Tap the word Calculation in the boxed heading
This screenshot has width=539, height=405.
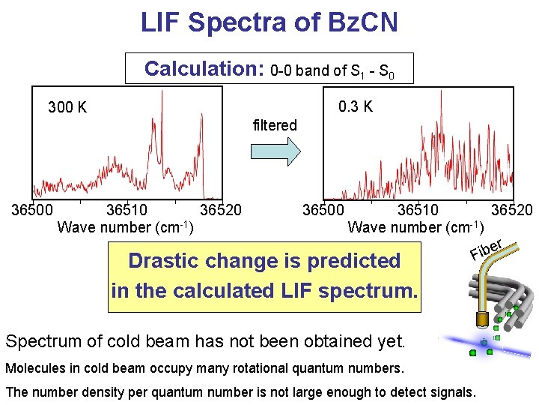tap(201, 70)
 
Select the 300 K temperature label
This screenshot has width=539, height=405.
tap(67, 108)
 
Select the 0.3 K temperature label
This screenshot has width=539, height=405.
tap(356, 106)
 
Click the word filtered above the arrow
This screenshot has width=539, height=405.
tap(275, 125)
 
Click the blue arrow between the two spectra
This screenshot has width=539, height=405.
tap(275, 151)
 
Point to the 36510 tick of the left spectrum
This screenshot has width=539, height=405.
tap(127, 210)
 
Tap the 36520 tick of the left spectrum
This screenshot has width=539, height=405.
tap(221, 210)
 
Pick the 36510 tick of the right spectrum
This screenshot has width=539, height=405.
tap(418, 210)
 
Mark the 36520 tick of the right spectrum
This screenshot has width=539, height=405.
tap(512, 210)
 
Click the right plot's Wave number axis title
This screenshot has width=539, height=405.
tap(416, 226)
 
